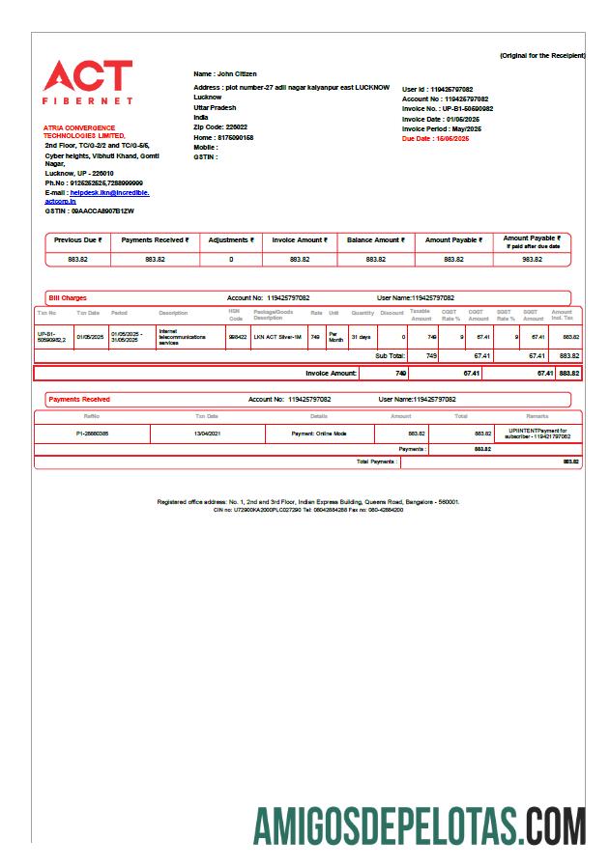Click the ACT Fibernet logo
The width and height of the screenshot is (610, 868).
[88, 82]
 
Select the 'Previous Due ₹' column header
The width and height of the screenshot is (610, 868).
[78, 239]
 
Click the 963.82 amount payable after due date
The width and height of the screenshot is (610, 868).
[532, 259]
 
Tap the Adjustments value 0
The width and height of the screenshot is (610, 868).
[231, 259]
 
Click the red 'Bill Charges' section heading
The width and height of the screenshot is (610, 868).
[68, 298]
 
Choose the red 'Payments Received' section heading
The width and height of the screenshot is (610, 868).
[79, 399]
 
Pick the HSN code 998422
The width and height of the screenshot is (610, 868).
[237, 336]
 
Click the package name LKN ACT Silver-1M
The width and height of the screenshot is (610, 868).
[277, 336]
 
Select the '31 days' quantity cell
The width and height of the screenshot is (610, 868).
[360, 336]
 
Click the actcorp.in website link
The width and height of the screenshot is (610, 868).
[60, 201]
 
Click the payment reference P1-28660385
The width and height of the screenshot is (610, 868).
[93, 434]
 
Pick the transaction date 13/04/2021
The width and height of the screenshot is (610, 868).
[207, 434]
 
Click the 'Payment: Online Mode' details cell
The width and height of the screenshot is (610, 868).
[319, 434]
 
